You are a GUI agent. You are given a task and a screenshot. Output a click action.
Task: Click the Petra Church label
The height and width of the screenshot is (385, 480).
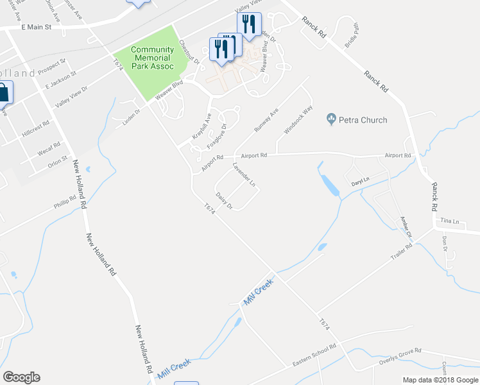click(x=364, y=119)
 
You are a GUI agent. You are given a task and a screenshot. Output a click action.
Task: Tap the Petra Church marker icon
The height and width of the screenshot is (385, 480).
click(x=332, y=119)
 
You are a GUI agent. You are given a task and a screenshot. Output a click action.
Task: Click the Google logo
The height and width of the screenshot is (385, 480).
click(x=21, y=377)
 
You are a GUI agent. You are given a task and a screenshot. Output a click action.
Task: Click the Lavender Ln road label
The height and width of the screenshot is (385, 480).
click(x=244, y=175)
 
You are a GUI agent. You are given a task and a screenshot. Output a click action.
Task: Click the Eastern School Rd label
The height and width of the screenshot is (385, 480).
click(x=314, y=355)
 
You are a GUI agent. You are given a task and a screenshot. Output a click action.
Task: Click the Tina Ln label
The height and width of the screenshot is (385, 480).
click(x=450, y=221)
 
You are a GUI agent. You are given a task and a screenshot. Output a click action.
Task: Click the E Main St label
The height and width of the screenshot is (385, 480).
click(x=40, y=28)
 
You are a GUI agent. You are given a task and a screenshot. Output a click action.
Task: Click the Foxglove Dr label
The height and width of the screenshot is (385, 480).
click(x=216, y=136)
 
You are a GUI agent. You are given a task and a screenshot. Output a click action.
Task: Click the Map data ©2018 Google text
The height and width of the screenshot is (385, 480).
click(x=440, y=380)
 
